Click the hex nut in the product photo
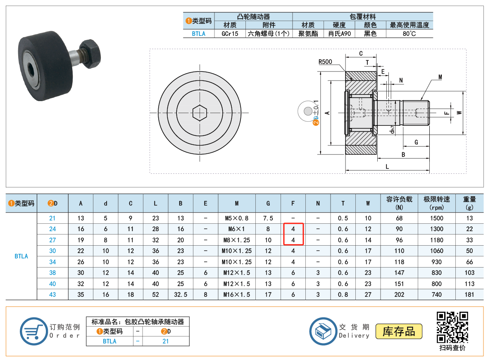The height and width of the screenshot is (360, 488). pyautogui.click(x=91, y=53)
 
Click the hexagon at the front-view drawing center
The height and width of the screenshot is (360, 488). pyautogui.click(x=200, y=113)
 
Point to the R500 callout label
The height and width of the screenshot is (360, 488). pyautogui.click(x=325, y=62)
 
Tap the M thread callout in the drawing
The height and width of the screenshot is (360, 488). pyautogui.click(x=440, y=77)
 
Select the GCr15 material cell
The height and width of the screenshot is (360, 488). pyautogui.click(x=230, y=33)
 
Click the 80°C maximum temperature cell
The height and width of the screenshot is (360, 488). pyautogui.click(x=409, y=33)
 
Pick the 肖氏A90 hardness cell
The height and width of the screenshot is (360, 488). pyautogui.click(x=339, y=33)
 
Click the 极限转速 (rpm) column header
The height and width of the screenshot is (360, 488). pyautogui.click(x=436, y=203)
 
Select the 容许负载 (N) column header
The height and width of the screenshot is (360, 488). pyautogui.click(x=399, y=203)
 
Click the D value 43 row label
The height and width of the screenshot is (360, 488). pyautogui.click(x=52, y=294)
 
